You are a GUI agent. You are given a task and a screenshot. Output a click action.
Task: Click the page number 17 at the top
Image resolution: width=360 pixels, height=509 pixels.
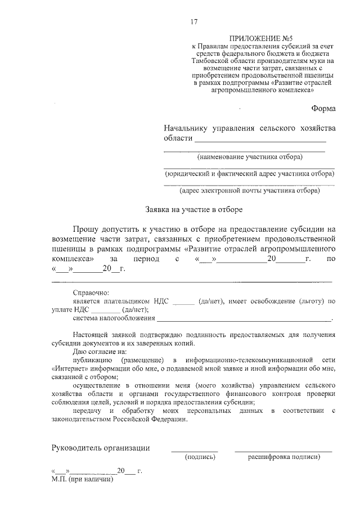pos(194,22)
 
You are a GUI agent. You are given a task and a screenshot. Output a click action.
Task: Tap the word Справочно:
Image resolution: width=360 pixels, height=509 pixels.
pos(92,292)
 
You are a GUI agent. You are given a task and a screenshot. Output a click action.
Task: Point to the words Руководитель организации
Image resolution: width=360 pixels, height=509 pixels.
pos(101,448)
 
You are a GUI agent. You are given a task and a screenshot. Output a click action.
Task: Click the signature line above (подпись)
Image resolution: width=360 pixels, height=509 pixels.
pos(194,451)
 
